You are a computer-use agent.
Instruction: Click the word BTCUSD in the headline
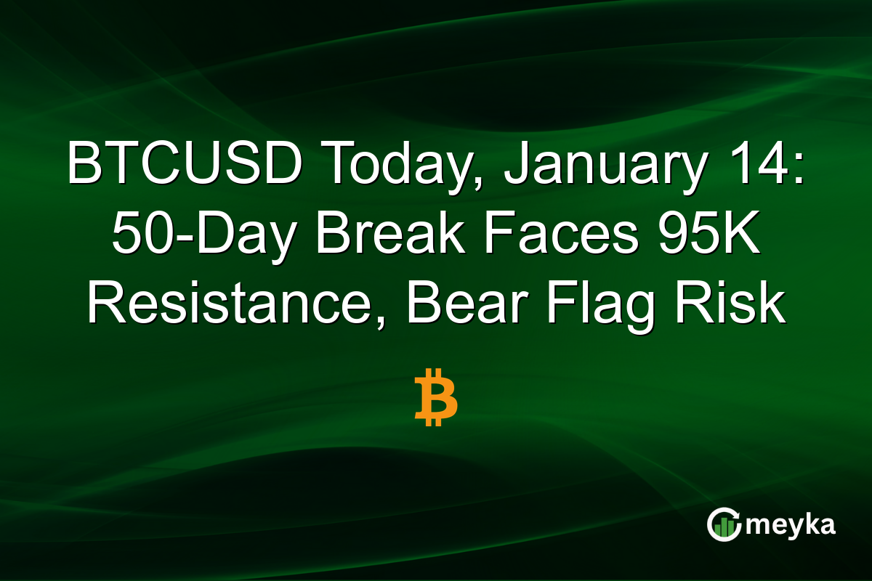[x=185, y=166]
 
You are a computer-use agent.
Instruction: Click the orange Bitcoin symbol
[x=436, y=397]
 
